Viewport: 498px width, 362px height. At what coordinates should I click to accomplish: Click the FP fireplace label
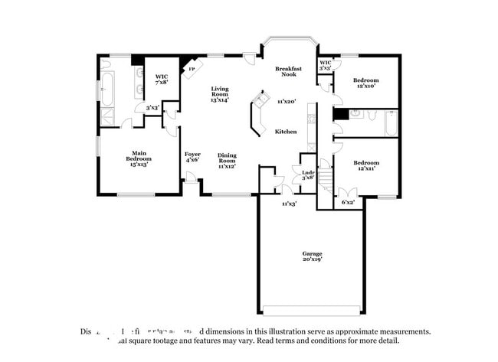[x=191, y=70]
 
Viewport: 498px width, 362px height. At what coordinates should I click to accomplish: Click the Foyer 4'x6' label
[x=192, y=157]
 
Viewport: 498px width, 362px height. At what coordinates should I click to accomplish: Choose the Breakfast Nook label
[x=288, y=72]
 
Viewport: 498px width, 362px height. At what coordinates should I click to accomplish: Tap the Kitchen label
[x=286, y=132]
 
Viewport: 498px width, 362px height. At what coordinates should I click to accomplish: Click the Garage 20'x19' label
[x=312, y=256]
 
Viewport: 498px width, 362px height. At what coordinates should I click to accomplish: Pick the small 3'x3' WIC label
[x=325, y=66]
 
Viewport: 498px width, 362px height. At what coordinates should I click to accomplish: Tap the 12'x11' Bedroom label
[x=365, y=165]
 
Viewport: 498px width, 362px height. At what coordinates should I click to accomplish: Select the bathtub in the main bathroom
[x=107, y=89]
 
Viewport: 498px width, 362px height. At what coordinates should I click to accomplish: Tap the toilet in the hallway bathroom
[x=369, y=116]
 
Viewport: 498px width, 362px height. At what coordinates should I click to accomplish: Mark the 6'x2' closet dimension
[x=349, y=202]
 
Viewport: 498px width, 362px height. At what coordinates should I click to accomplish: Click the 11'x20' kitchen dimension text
[x=287, y=101]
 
